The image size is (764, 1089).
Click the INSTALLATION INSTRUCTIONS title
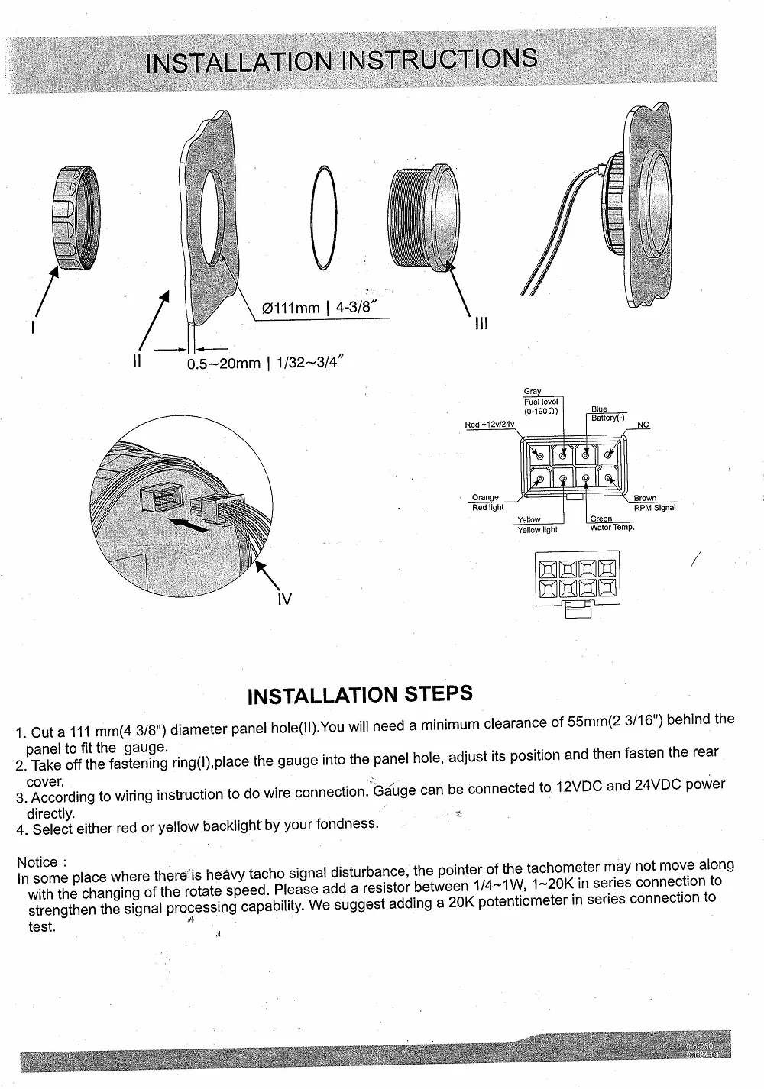pyautogui.click(x=341, y=60)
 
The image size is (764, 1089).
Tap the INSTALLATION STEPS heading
pyautogui.click(x=361, y=695)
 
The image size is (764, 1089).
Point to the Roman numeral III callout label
pyautogui.click(x=481, y=324)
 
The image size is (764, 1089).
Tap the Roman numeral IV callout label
pyautogui.click(x=284, y=599)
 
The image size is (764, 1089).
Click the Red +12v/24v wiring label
pyautogui.click(x=490, y=425)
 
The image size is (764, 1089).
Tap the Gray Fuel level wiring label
pyautogui.click(x=541, y=402)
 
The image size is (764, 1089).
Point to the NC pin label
pyautogui.click(x=643, y=425)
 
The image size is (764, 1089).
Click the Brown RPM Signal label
pyautogui.click(x=654, y=502)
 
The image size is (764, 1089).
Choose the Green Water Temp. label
pyautogui.click(x=611, y=523)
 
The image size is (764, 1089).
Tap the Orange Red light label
pyautogui.click(x=487, y=502)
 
